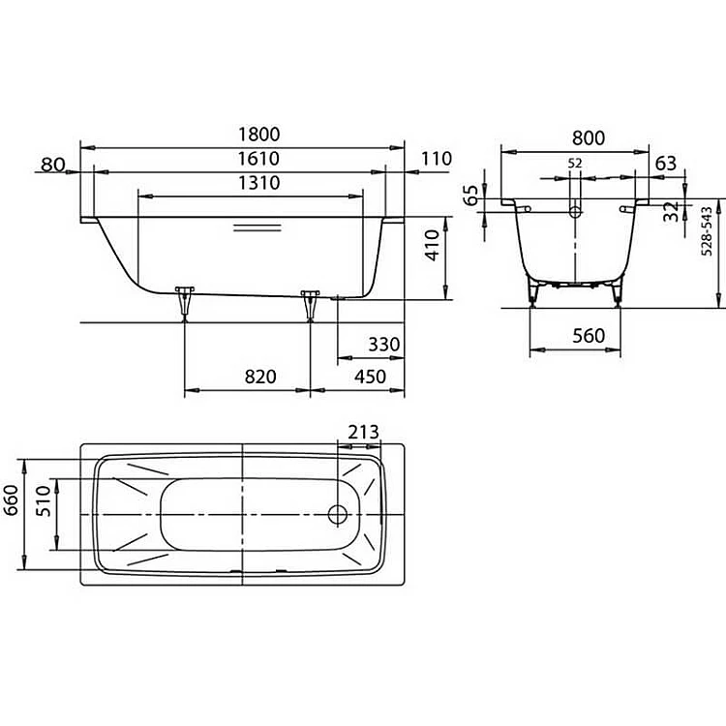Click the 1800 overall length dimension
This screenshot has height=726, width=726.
[x=258, y=135]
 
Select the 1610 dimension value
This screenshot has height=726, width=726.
[x=258, y=159]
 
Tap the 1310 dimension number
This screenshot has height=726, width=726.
[x=258, y=183]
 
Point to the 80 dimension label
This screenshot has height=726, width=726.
[x=53, y=165]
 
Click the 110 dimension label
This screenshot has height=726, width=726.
[x=437, y=159]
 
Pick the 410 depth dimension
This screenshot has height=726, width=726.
[x=432, y=246]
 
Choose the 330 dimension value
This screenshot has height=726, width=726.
[x=384, y=345]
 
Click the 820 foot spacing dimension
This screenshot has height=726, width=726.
[x=260, y=377]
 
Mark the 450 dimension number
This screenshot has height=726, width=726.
[x=370, y=377]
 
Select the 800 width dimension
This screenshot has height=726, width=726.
[x=588, y=138]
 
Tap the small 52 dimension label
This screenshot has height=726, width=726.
[x=575, y=164]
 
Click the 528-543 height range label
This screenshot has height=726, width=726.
[x=707, y=231]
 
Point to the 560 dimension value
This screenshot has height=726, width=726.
[x=589, y=336]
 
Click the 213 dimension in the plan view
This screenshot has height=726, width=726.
[x=363, y=432]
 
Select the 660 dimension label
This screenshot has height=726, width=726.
[x=11, y=500]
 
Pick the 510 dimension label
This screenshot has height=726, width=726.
[x=43, y=501]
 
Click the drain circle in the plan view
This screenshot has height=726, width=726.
[x=338, y=514]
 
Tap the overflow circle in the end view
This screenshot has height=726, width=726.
[x=575, y=212]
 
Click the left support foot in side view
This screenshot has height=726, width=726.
[x=185, y=303]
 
